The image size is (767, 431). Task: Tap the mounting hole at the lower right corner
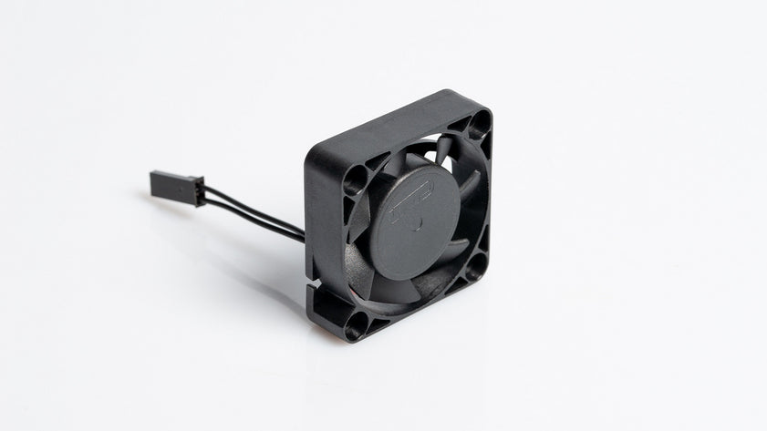[x=474, y=265]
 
